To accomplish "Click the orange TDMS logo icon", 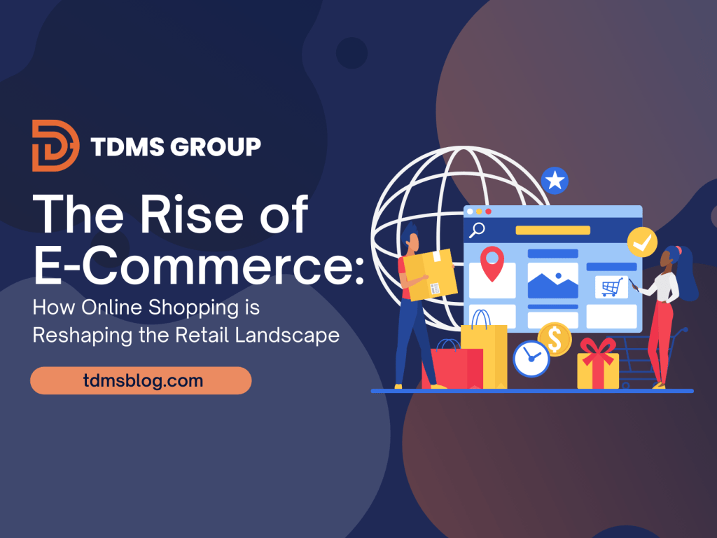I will (x=55, y=146).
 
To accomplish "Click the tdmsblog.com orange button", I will (x=141, y=381).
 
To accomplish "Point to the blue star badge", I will (x=555, y=181).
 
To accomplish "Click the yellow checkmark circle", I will (x=642, y=242).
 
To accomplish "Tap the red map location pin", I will (x=492, y=263).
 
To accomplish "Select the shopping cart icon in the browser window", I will (x=611, y=287).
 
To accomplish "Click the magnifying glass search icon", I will (x=478, y=229).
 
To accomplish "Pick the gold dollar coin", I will (x=555, y=339).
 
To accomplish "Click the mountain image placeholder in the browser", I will (x=552, y=280).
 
